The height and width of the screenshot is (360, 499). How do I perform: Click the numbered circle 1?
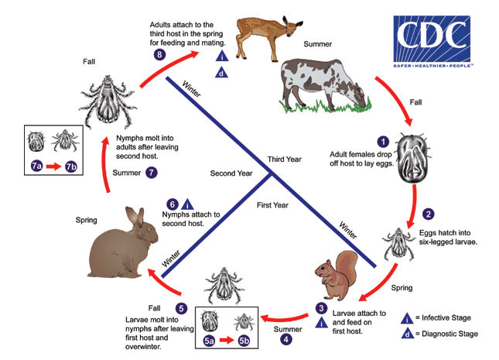(x=381, y=141)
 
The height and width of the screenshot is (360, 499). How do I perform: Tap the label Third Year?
(x=285, y=159)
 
